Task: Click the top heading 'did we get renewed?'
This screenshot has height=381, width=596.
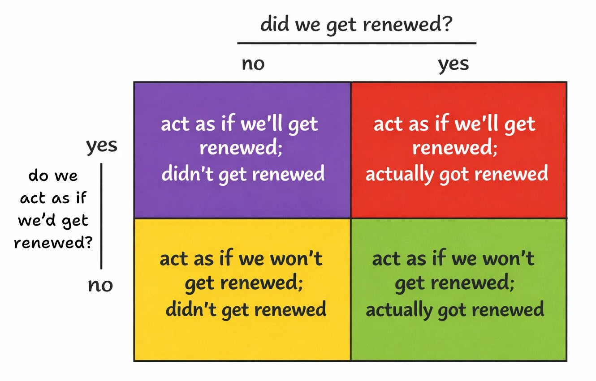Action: point(356,25)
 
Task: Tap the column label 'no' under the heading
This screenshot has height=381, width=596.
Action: point(253,64)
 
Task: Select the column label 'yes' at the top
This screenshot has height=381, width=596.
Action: point(453,64)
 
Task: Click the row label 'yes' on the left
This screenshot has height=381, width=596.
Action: point(102,146)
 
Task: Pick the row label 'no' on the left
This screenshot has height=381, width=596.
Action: point(100,285)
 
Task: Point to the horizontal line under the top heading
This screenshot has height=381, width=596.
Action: point(356,43)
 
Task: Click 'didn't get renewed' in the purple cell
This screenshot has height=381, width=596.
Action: point(243,174)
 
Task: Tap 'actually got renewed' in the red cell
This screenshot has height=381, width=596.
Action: point(457,174)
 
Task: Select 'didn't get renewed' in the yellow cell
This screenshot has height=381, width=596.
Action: point(246,309)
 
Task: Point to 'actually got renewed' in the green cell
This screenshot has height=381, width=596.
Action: point(455,309)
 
